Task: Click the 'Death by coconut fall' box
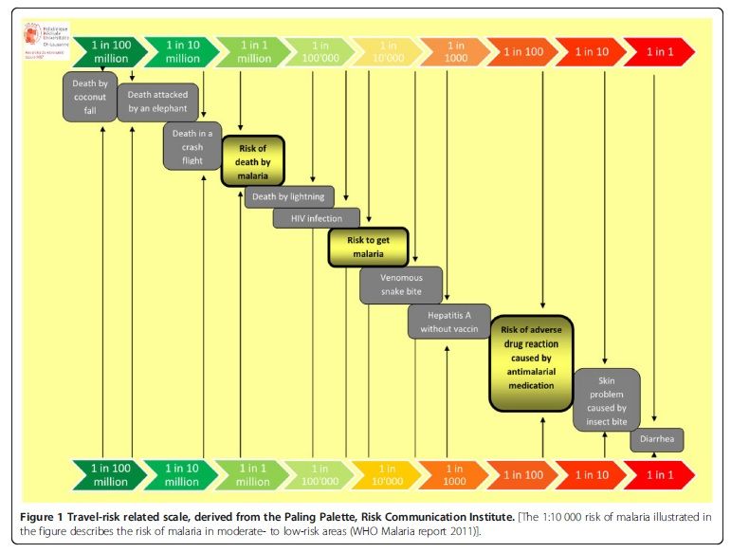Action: [90, 97]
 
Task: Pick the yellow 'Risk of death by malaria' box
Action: [253, 161]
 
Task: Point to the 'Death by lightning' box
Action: [289, 197]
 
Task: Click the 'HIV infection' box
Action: [316, 219]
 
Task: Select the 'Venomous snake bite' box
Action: [400, 285]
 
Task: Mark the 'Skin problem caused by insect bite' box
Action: [606, 399]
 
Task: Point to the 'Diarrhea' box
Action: [656, 440]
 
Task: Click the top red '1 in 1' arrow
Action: [660, 51]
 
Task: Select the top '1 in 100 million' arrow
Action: [109, 51]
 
